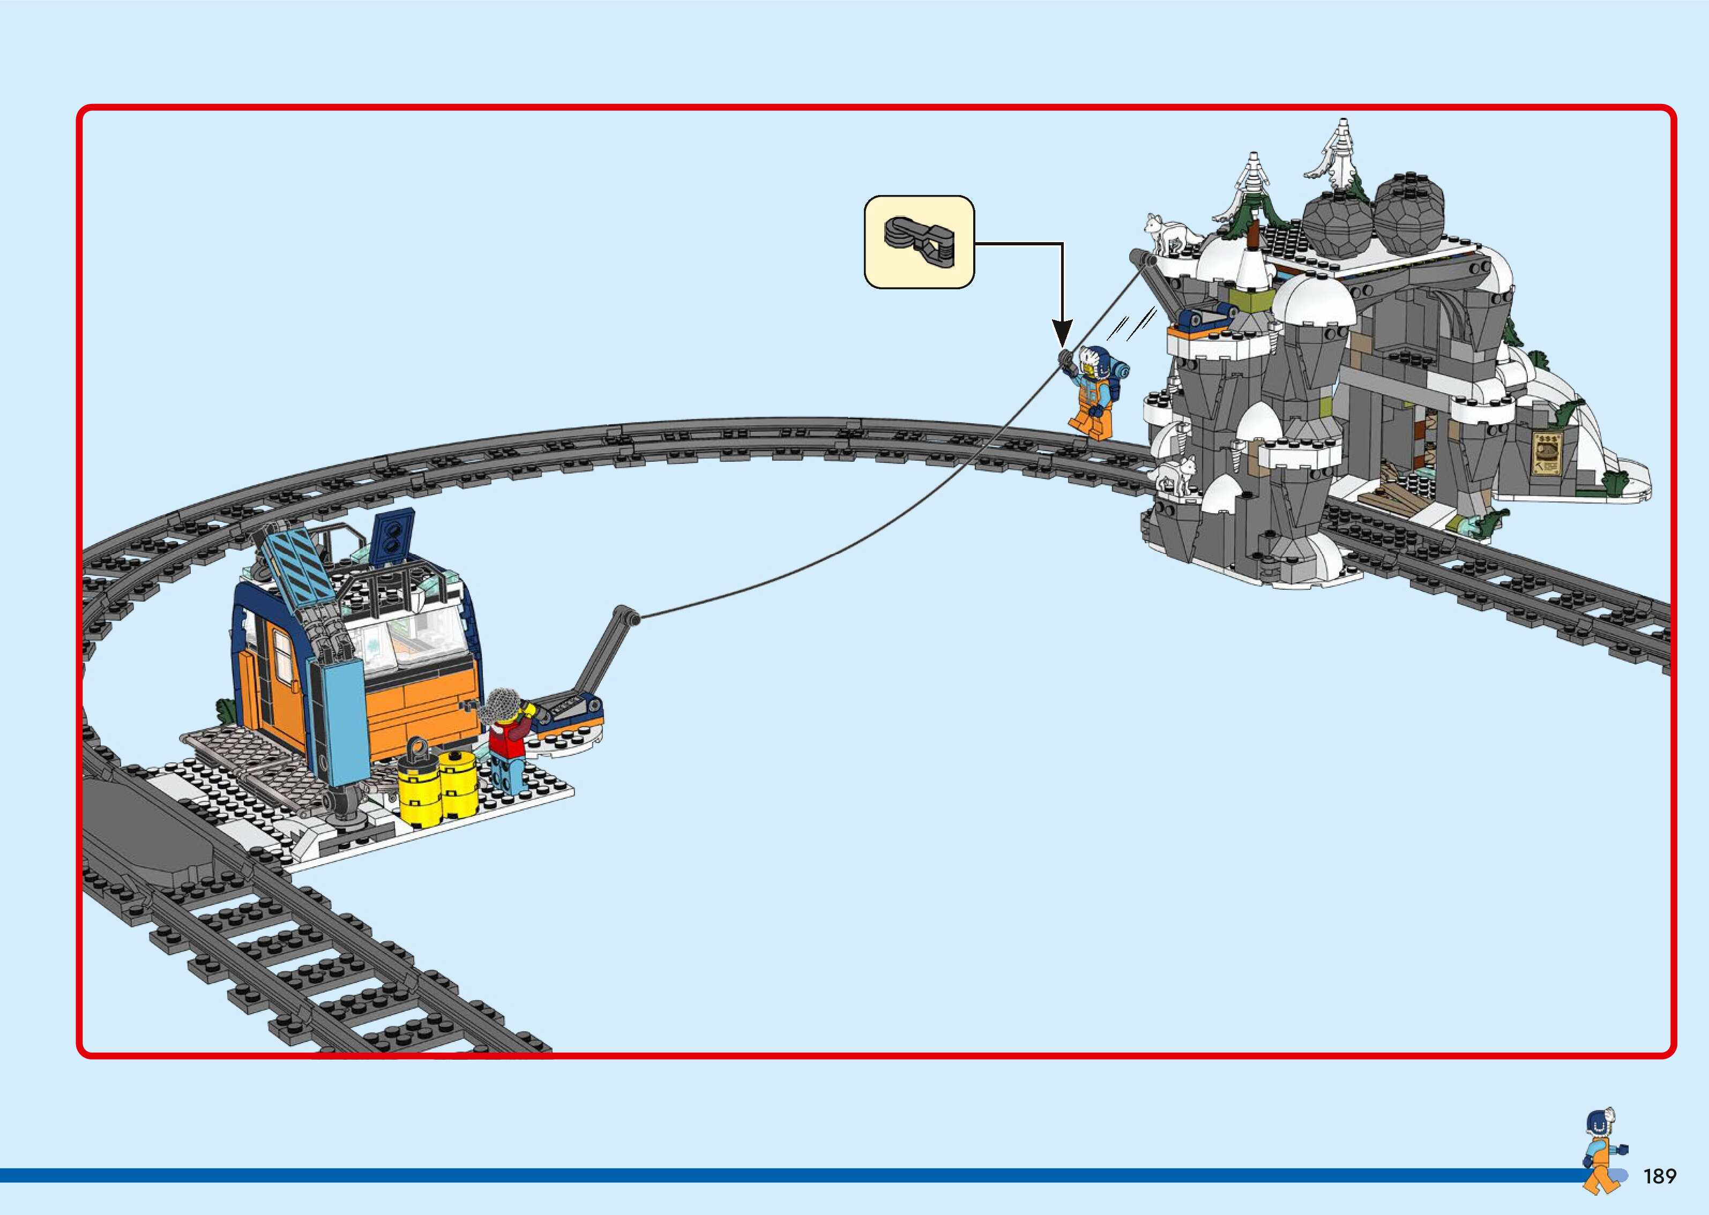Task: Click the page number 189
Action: [1660, 1177]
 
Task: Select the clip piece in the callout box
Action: [920, 242]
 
